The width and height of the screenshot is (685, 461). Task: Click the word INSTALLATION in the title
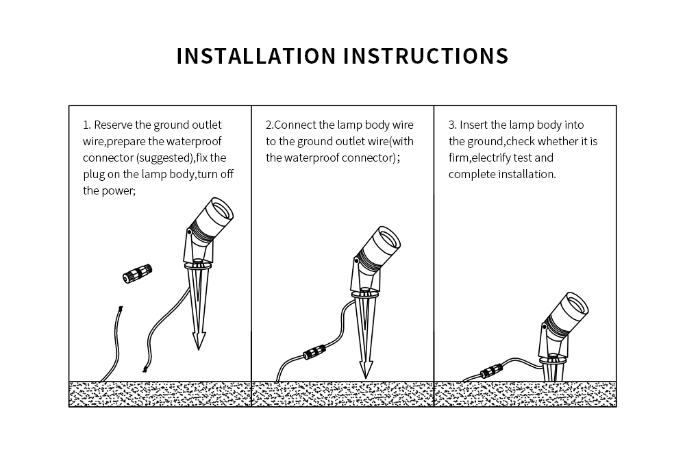256,56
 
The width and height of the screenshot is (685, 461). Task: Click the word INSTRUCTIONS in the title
425,56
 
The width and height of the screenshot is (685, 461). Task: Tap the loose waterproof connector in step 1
137,273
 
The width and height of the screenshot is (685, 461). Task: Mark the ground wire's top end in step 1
121,309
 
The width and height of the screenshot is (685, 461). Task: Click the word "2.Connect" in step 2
290,125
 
